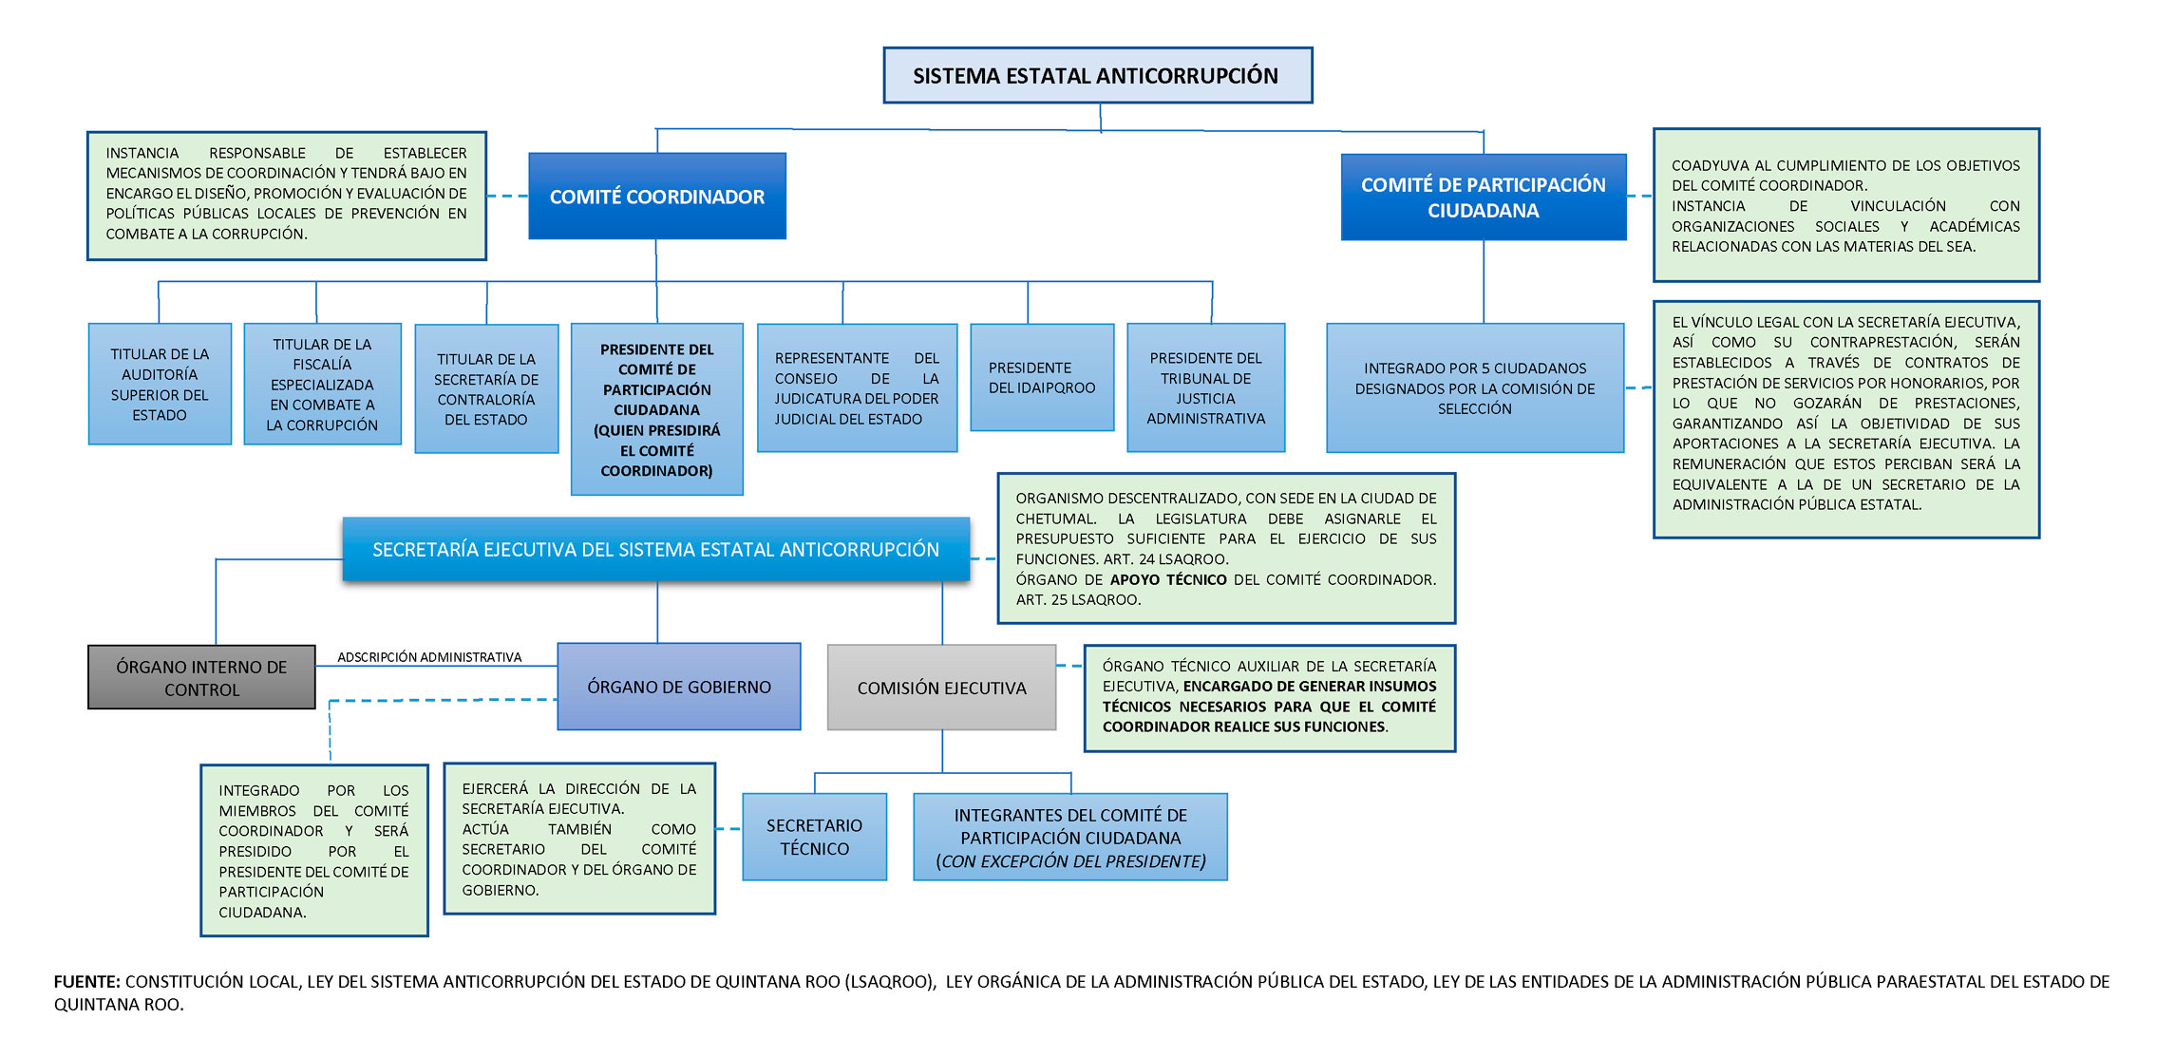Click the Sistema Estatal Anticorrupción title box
point(1097,75)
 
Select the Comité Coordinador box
point(657,197)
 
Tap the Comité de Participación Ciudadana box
point(1483,198)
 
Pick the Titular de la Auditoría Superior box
point(160,385)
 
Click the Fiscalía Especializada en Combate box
point(322,385)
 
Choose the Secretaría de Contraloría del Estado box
point(486,389)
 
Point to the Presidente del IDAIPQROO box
point(1042,378)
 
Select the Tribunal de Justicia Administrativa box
point(1205,388)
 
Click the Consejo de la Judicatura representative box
point(857,388)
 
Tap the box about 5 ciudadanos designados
point(1474,388)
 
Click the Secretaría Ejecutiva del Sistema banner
point(655,549)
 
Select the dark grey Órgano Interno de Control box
point(201,678)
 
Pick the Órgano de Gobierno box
point(679,687)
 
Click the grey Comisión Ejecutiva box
point(941,688)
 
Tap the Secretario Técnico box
point(814,837)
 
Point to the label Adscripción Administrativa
point(429,657)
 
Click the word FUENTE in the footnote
point(86,982)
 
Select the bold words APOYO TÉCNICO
point(1168,579)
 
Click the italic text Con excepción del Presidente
point(1070,861)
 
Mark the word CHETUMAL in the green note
point(1055,519)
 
